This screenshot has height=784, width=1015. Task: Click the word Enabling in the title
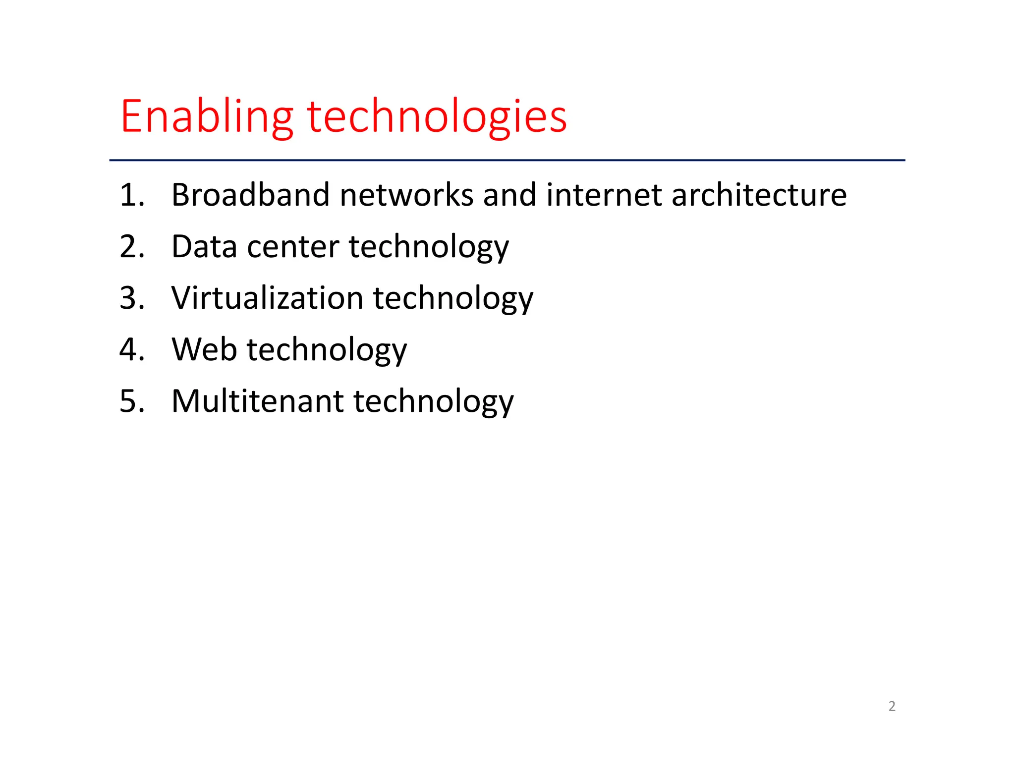click(x=207, y=117)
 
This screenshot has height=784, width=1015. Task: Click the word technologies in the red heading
click(x=437, y=117)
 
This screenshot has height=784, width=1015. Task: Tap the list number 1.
click(x=132, y=195)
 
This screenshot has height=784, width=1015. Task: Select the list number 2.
click(x=132, y=246)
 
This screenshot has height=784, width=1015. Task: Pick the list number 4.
click(x=132, y=349)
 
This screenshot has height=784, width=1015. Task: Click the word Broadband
click(x=250, y=195)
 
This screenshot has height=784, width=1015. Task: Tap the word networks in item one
click(x=406, y=195)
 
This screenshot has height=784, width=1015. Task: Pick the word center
click(x=293, y=247)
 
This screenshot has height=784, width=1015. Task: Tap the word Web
click(x=204, y=349)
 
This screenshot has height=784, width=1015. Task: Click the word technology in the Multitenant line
click(x=433, y=402)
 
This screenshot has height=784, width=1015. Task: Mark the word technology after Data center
click(x=429, y=247)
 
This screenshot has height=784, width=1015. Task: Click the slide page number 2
click(x=892, y=706)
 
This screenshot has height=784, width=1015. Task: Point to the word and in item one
click(x=509, y=195)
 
